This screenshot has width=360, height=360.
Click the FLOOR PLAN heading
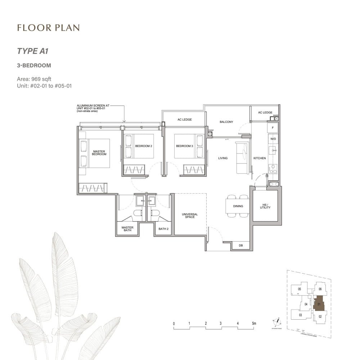coord(48,28)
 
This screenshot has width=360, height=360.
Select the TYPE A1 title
coord(33,51)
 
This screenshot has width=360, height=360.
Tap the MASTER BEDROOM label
coord(99,153)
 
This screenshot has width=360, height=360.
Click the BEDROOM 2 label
coord(144,146)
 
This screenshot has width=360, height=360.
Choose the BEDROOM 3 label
coord(185,146)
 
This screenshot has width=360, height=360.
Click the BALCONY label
coord(226,122)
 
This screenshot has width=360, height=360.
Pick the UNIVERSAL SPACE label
coord(189,216)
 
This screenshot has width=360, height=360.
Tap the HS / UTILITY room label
coord(265,206)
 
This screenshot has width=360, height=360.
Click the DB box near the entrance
coord(241,246)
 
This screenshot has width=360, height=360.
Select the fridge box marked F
coord(273,128)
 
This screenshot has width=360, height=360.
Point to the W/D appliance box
coord(273,139)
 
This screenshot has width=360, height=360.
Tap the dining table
coord(238,206)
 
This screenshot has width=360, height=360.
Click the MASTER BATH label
coord(127,229)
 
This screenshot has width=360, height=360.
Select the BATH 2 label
coord(163,229)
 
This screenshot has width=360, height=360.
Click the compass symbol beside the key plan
coord(278,321)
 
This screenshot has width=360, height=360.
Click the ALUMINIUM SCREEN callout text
coord(93,108)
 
